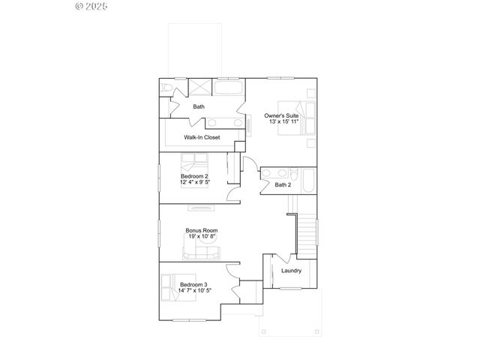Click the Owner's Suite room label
[282, 115]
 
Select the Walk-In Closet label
[202, 138]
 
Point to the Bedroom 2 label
[194, 176]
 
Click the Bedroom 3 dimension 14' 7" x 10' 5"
[196, 290]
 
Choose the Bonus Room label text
[202, 230]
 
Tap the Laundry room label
[292, 271]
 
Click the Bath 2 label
[283, 184]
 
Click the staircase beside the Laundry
[305, 233]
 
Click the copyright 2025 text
[92, 7]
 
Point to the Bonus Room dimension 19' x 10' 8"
[202, 237]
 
